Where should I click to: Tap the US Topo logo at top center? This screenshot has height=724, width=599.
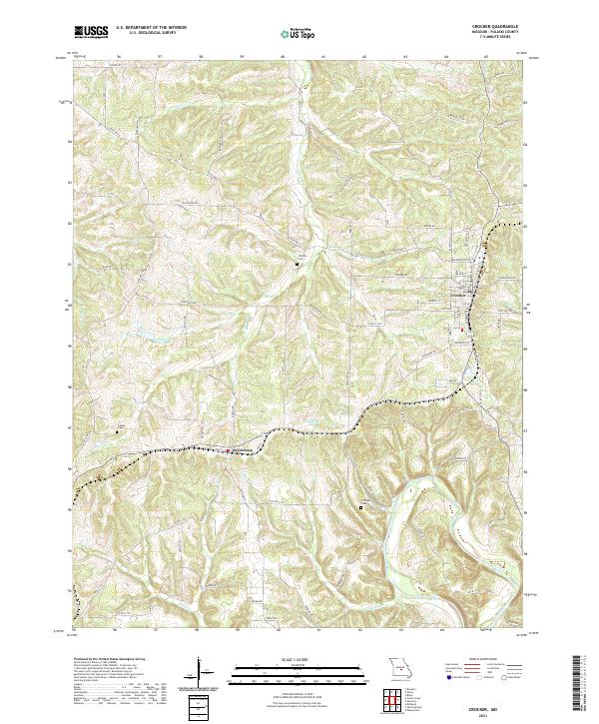pyautogui.click(x=299, y=33)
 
